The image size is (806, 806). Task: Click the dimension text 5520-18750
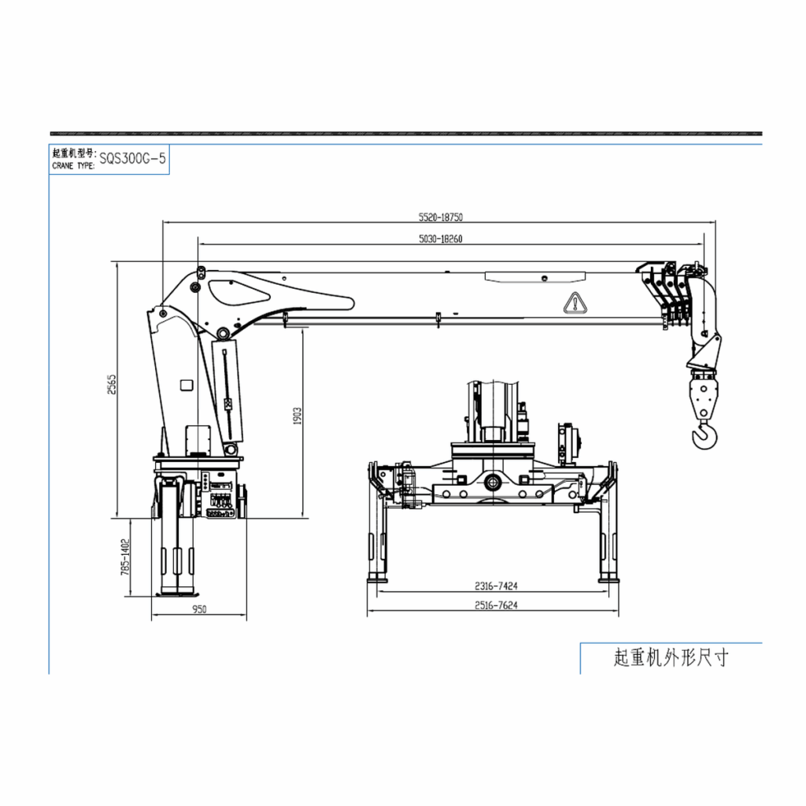(441, 217)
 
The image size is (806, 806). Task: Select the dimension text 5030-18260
(441, 239)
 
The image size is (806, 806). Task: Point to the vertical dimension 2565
(112, 384)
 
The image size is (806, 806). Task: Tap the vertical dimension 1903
(297, 416)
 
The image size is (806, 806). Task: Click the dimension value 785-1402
(125, 556)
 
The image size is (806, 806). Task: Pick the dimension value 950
(199, 610)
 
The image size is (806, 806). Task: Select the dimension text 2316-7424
(496, 586)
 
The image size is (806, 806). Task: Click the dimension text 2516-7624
(496, 605)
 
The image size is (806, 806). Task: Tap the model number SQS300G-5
(132, 158)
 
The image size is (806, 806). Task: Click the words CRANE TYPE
(73, 166)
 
